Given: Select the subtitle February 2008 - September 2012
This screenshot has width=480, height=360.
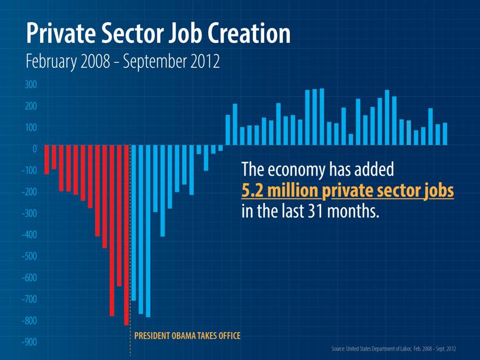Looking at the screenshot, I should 123,62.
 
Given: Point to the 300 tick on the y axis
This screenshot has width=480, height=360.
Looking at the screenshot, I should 31,85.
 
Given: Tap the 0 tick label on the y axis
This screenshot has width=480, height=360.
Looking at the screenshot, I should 34,149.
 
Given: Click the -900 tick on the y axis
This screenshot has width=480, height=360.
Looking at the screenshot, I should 29,342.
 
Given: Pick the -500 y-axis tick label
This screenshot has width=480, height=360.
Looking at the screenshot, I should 29,256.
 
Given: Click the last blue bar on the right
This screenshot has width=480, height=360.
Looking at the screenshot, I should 445,133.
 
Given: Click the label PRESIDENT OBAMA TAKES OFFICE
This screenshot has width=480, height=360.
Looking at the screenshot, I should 187,336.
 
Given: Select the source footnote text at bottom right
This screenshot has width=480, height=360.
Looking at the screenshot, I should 393,348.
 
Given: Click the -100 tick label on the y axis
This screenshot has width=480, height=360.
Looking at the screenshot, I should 29,171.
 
